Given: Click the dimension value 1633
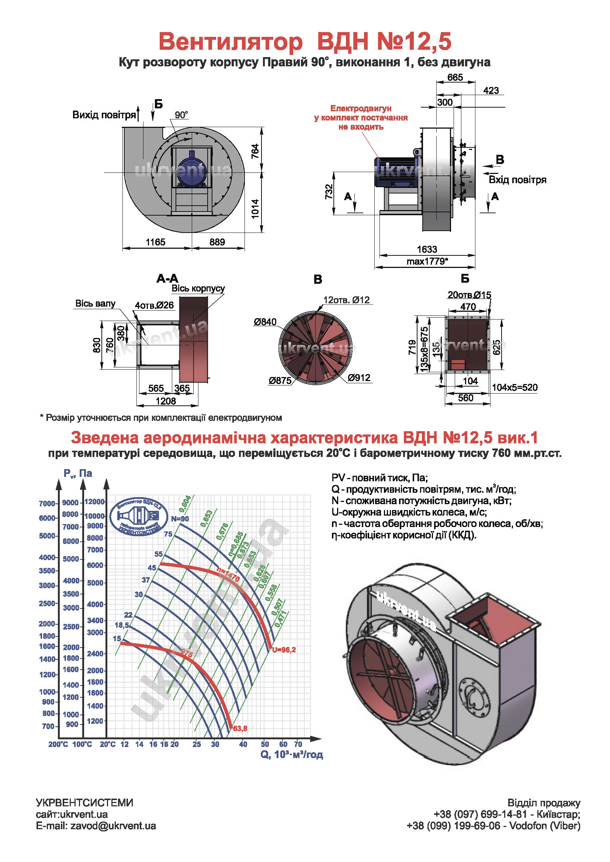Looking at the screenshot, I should coord(427,249).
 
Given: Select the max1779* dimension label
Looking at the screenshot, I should coord(427,261).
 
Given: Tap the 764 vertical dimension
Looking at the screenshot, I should coord(255,151).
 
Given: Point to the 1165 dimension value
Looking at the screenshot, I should coord(155,242).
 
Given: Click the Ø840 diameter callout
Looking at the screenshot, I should coord(265,322).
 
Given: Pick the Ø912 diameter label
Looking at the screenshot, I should coord(359,378).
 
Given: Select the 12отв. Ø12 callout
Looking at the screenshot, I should coord(346,300).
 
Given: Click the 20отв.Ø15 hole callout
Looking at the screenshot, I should coord(469,295).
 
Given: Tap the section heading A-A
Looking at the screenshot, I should coord(167,279).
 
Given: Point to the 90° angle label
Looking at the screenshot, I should coord(181,115).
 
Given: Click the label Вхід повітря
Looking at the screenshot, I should coord(517,180).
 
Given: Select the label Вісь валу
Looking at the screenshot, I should coord(95,303).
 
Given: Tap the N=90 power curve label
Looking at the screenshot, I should coord(180,519).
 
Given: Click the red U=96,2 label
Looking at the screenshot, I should coord(284,650).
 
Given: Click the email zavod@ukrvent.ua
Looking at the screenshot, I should coord(113,826).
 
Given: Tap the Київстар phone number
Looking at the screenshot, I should coord(507,814).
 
